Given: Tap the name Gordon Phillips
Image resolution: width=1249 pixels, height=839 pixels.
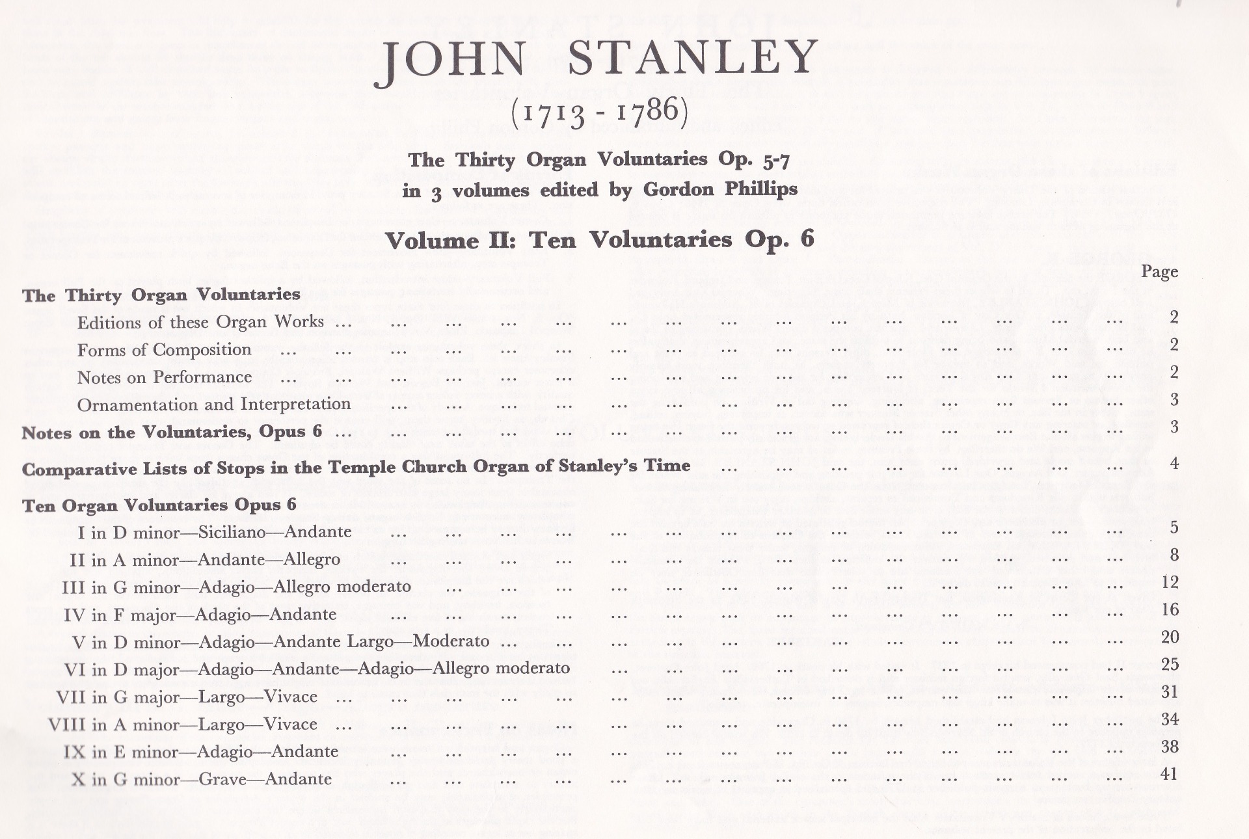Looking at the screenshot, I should pyautogui.click(x=720, y=189).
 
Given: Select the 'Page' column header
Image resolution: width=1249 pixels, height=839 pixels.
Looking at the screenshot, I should pyautogui.click(x=1159, y=272).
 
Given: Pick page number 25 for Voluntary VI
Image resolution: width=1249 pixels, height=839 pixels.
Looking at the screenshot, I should pyautogui.click(x=1169, y=665).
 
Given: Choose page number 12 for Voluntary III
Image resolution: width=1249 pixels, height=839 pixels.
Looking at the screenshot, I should pyautogui.click(x=1169, y=582).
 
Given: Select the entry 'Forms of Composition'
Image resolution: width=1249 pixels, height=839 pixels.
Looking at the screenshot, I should pyautogui.click(x=164, y=350).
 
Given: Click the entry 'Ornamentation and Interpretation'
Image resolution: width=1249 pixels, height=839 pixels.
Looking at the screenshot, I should pyautogui.click(x=214, y=405).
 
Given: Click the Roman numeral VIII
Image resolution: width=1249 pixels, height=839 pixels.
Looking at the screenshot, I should pyautogui.click(x=67, y=725).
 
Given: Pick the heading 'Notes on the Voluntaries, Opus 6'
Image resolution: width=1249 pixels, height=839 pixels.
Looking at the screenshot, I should pyautogui.click(x=172, y=433).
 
